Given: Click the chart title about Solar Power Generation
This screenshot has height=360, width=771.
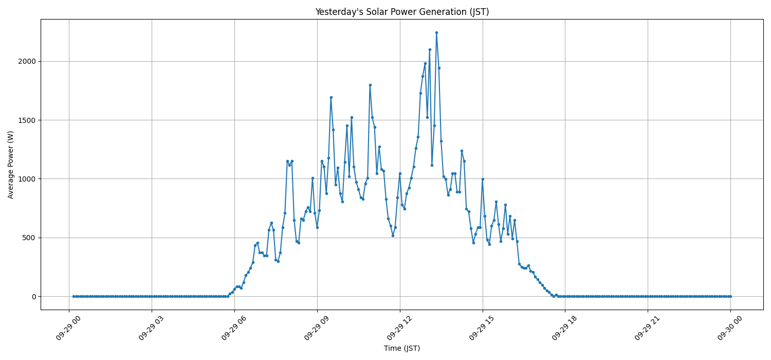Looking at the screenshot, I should [402, 12].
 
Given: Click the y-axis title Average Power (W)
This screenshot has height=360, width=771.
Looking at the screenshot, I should [11, 165].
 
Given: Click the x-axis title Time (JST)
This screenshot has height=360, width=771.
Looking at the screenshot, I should [402, 348].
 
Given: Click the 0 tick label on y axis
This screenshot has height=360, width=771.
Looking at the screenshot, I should [33, 297].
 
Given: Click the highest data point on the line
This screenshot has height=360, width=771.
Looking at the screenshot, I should [436, 32].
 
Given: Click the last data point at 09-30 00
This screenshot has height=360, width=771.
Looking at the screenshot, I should [730, 296].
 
